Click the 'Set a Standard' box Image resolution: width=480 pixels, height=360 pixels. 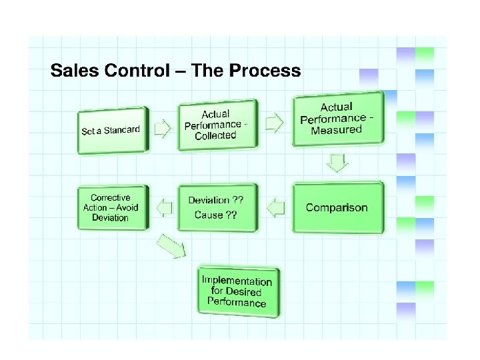click(x=112, y=130)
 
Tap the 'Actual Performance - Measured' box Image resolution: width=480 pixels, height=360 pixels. click(x=339, y=118)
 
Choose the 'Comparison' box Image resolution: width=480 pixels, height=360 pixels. click(x=338, y=207)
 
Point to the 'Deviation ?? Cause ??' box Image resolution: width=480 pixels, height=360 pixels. click(x=215, y=207)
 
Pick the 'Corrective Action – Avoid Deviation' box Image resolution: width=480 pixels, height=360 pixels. click(x=111, y=207)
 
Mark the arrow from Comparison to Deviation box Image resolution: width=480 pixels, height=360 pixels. click(x=276, y=207)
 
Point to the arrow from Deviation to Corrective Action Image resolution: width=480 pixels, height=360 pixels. click(x=162, y=208)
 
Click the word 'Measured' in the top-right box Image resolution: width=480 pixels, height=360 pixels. click(x=336, y=129)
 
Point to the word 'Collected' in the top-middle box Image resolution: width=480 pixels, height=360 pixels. click(x=215, y=135)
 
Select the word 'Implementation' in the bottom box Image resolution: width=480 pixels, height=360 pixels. click(x=237, y=281)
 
